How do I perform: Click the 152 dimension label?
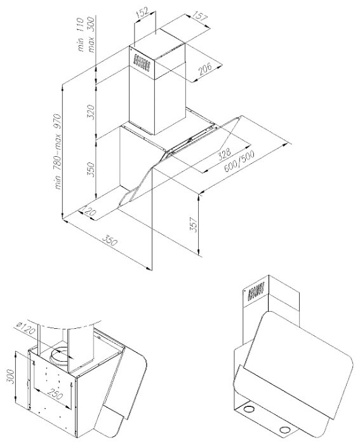142,13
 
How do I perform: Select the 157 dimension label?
200,16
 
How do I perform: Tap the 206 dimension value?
205,69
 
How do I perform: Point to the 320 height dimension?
91,112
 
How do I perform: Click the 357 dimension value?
194,225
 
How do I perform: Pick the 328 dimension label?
225,154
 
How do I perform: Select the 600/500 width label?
239,161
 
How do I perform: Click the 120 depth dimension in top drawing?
89,212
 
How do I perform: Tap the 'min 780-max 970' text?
58,152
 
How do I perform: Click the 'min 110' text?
81,34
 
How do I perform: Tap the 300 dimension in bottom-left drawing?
11,376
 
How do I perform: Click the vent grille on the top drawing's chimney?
142,62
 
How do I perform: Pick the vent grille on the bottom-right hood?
257,291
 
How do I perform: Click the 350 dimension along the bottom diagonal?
109,241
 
